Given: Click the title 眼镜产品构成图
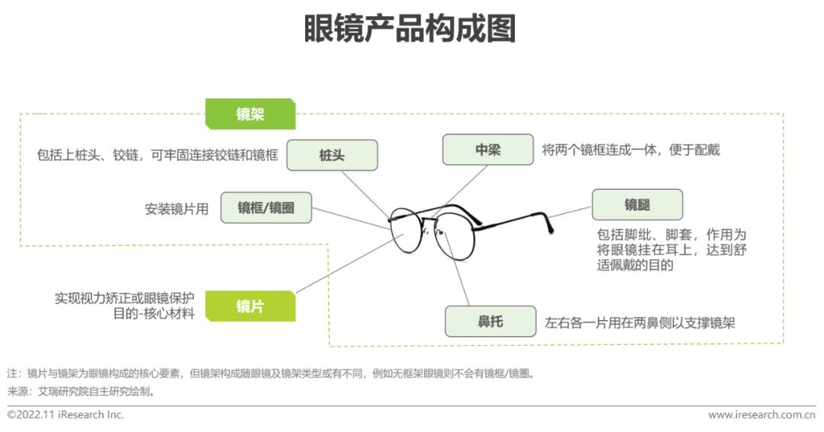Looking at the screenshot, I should tap(410, 30).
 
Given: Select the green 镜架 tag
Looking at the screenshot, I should tap(249, 114).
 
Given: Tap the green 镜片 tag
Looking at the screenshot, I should tap(249, 306).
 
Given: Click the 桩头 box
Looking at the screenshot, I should tap(332, 155).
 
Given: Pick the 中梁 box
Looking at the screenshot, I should tap(488, 150).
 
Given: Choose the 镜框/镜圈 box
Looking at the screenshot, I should tap(266, 208).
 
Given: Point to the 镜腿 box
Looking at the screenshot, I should tap(636, 204).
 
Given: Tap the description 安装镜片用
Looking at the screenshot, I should tap(176, 209).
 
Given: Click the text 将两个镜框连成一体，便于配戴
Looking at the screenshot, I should tap(631, 150).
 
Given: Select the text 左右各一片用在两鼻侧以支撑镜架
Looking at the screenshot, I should tap(639, 322).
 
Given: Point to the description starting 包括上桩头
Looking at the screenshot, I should tap(156, 155).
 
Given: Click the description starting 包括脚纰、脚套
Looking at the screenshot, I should tap(671, 250).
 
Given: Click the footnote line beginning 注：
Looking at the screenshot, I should tap(270, 374).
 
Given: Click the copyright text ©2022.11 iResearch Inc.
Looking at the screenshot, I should tap(66, 415).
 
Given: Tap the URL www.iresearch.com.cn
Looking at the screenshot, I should tap(761, 415).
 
